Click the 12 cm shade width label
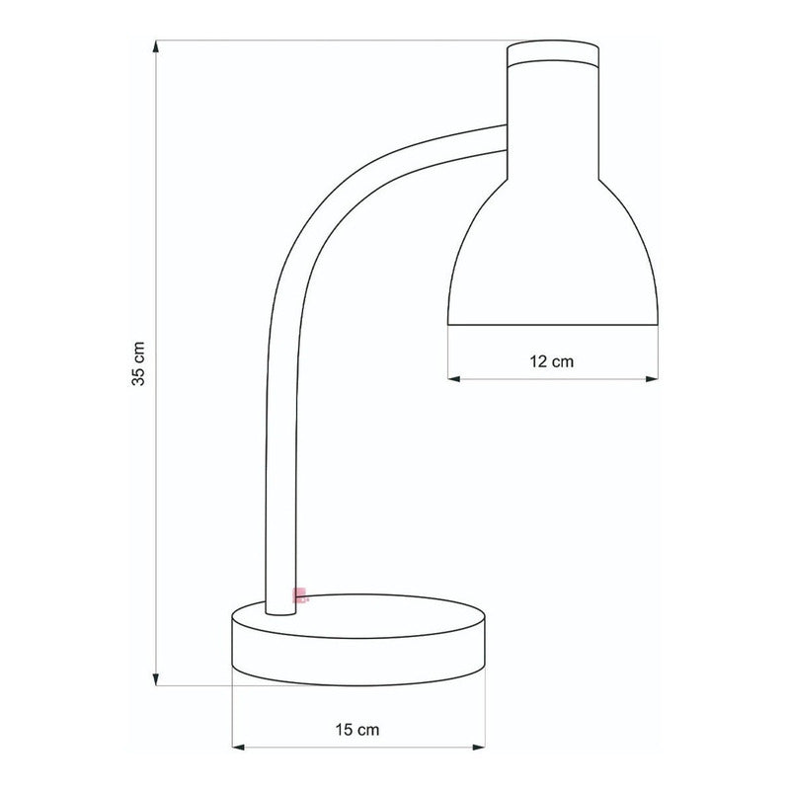(x=552, y=361)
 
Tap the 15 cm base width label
(x=357, y=731)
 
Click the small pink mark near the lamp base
(x=298, y=594)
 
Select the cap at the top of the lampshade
(x=553, y=54)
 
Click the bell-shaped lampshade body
(x=553, y=257)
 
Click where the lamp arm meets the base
(x=280, y=604)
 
